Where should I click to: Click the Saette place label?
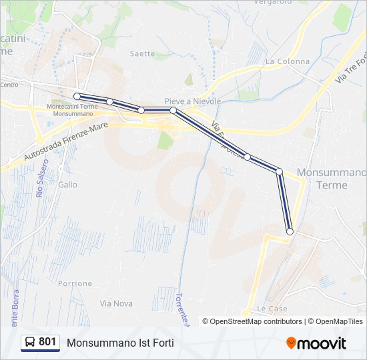(142, 53)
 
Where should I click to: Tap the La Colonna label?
(288, 61)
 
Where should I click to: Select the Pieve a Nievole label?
(193, 101)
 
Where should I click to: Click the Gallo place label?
(67, 185)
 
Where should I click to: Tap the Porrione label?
(75, 283)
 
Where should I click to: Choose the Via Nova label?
(115, 303)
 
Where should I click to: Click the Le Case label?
(272, 309)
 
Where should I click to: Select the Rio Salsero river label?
(41, 177)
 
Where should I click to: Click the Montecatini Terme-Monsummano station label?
(74, 110)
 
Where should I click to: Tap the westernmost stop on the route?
(77, 96)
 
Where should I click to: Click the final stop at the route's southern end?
(290, 231)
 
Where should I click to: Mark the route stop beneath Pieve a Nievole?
(173, 110)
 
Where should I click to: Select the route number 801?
(47, 342)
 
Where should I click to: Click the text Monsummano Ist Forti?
(120, 343)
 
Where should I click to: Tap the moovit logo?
(316, 343)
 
